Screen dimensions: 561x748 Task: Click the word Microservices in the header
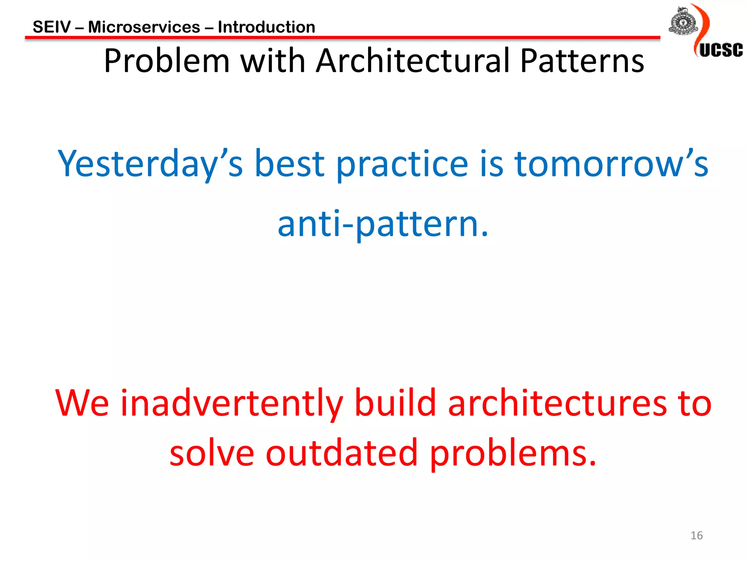tap(144, 27)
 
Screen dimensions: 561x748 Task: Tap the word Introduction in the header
tap(266, 27)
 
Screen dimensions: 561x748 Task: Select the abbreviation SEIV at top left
tap(51, 27)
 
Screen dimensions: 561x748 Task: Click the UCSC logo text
tap(721, 50)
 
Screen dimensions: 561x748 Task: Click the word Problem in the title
tap(167, 61)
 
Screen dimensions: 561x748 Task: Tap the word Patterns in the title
tap(582, 61)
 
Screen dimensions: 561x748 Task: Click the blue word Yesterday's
tap(150, 164)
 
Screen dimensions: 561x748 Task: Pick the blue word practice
tap(402, 164)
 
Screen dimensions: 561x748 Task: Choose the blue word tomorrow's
tap(611, 164)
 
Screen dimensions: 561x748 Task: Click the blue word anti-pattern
tap(382, 224)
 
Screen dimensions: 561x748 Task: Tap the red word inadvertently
tap(232, 403)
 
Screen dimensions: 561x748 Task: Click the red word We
tap(82, 403)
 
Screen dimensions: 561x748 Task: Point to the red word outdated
tap(341, 453)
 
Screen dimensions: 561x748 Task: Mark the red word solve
tap(212, 453)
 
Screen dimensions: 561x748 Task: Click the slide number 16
tap(697, 535)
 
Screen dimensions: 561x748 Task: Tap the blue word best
tap(289, 164)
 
